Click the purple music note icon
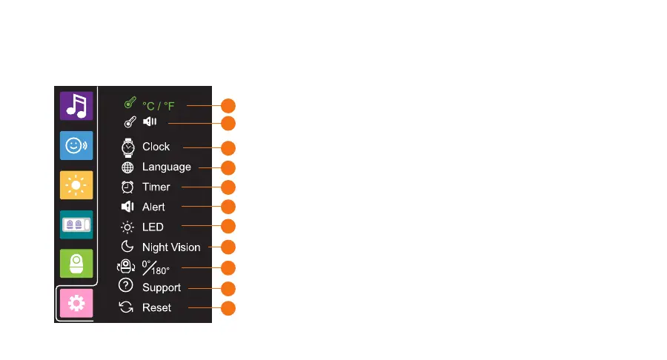tap(76, 106)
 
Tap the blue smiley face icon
tap(76, 146)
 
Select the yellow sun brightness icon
tap(76, 185)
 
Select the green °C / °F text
tap(159, 106)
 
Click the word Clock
tap(156, 147)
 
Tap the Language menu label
tap(166, 167)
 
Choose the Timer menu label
tap(156, 187)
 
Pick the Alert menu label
tap(153, 207)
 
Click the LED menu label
tap(153, 227)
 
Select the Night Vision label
tap(171, 247)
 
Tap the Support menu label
tap(161, 287)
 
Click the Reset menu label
tap(156, 307)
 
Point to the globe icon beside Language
tap(127, 167)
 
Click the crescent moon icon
tap(127, 247)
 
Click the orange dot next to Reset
tap(228, 308)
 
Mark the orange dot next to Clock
tap(228, 147)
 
